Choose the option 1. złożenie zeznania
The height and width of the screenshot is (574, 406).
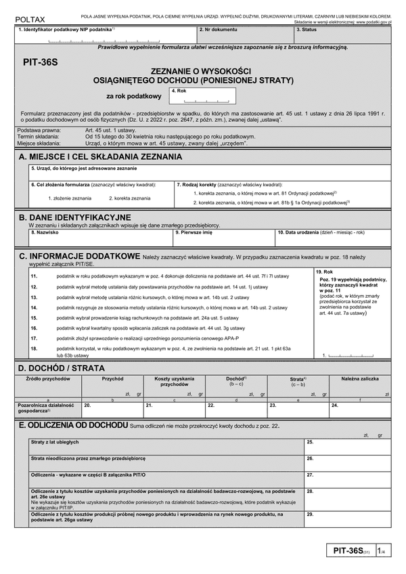tap(70, 198)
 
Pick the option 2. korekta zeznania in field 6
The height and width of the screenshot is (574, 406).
tap(129, 198)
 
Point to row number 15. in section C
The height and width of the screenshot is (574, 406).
tap(34, 317)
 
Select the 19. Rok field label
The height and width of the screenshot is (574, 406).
tap(325, 271)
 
